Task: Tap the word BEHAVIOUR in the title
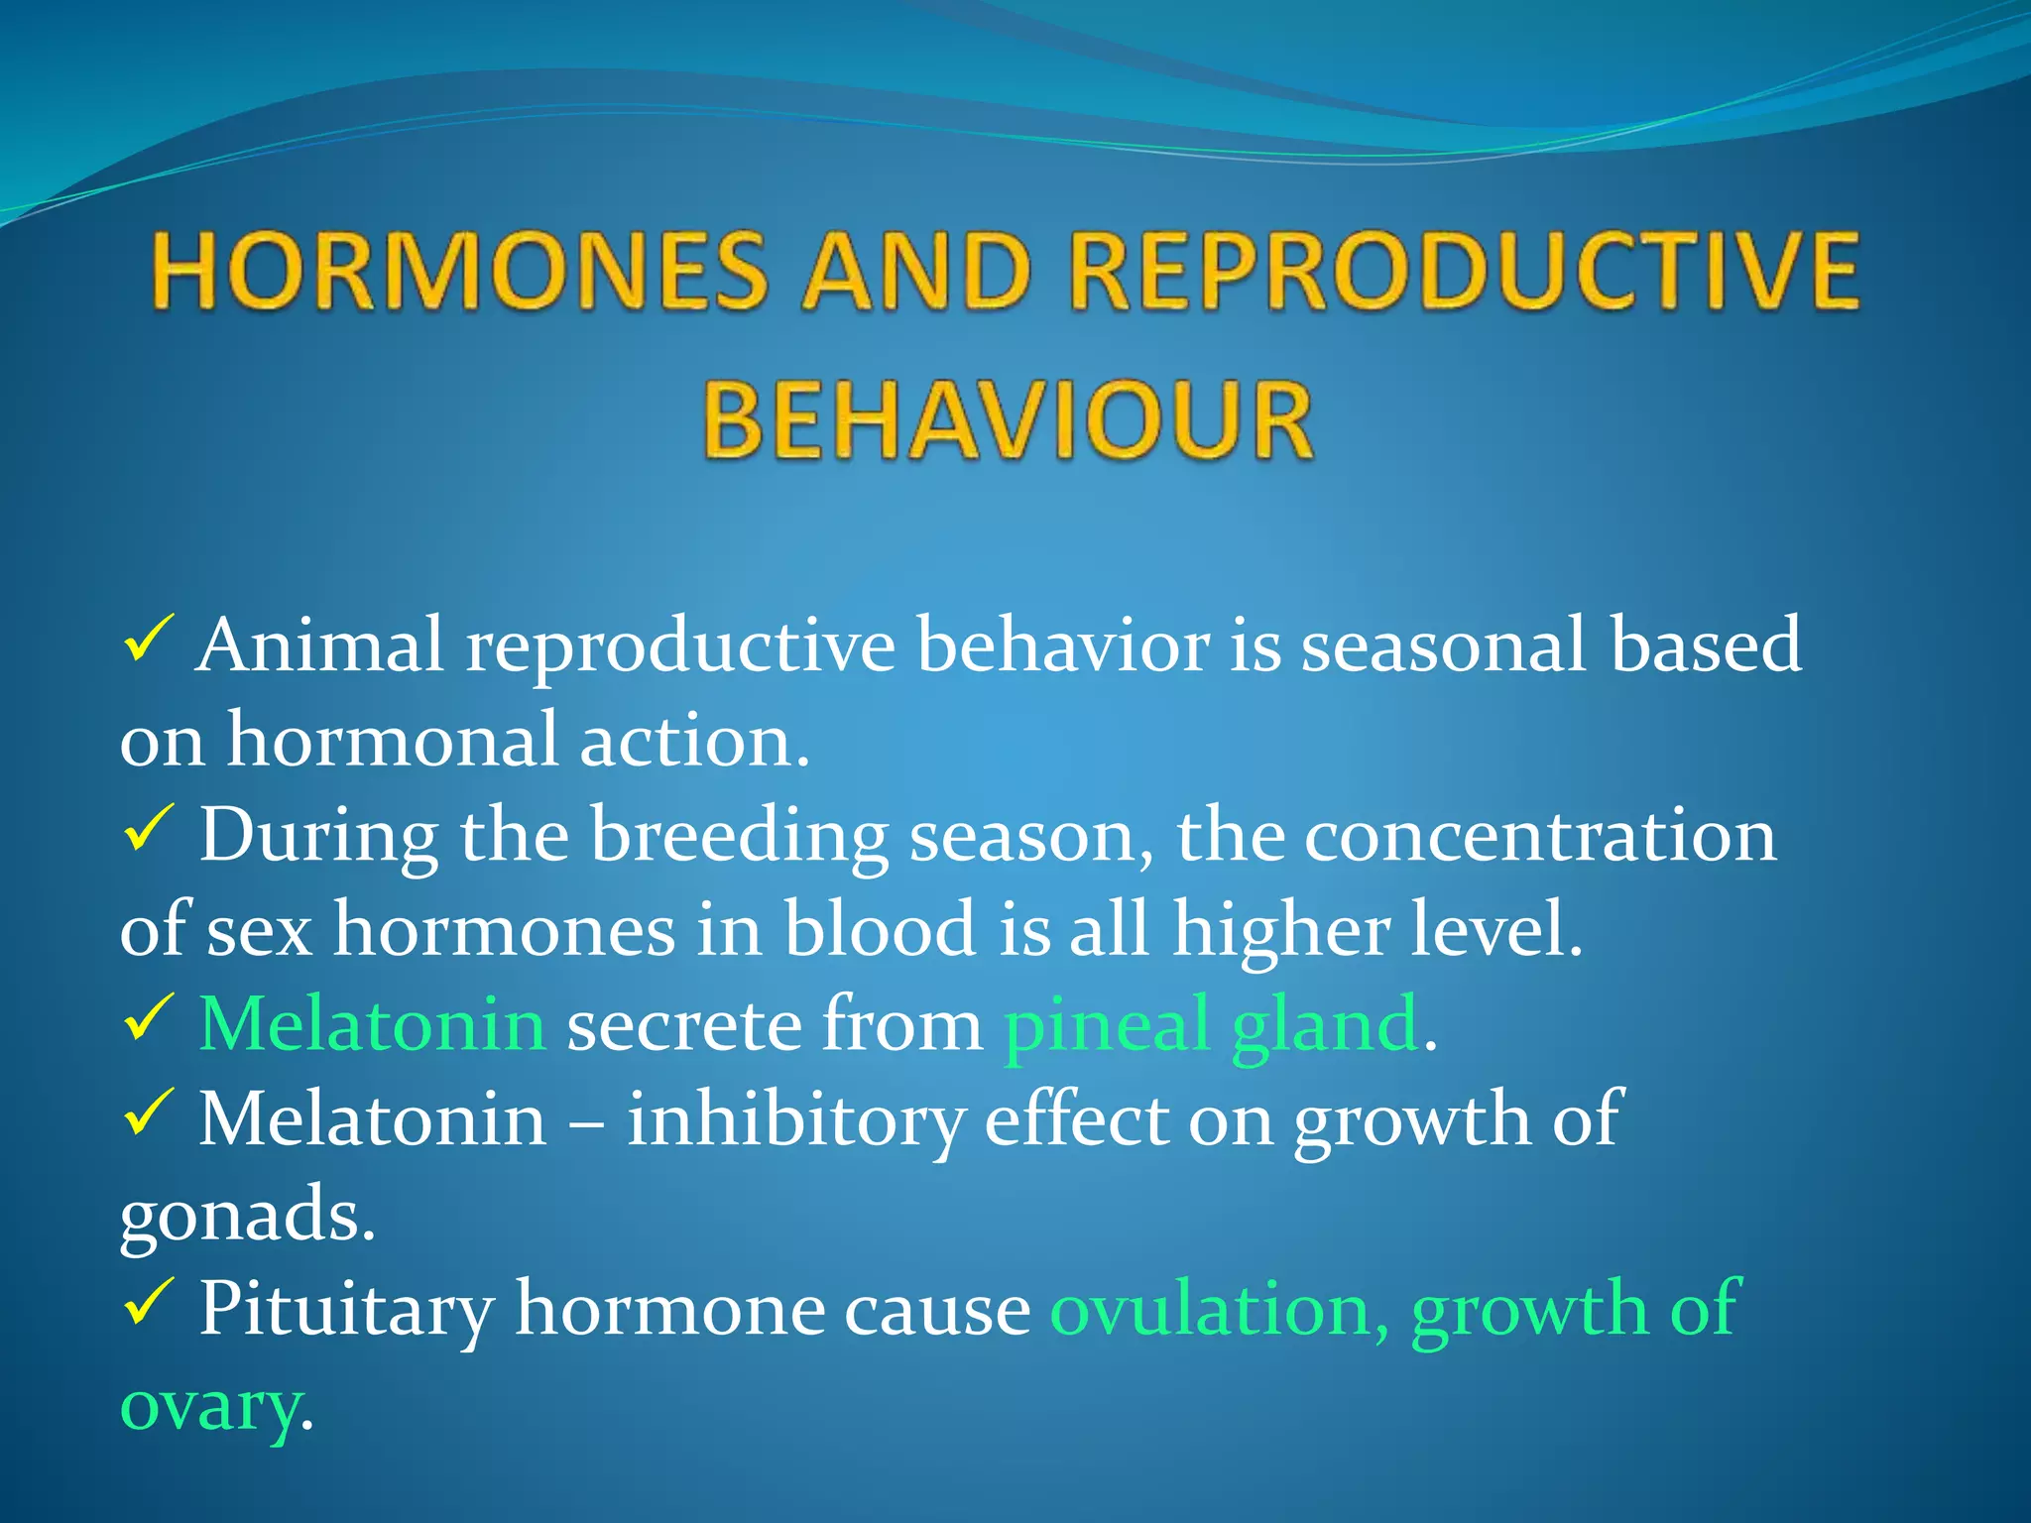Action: click(x=1008, y=420)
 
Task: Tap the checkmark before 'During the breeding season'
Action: click(x=149, y=830)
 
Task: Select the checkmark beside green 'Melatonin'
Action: click(x=149, y=1019)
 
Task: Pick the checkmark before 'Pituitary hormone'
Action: click(x=149, y=1304)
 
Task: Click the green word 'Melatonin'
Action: click(x=373, y=1024)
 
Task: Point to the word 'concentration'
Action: click(x=1540, y=836)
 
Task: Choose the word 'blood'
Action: click(x=881, y=929)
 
